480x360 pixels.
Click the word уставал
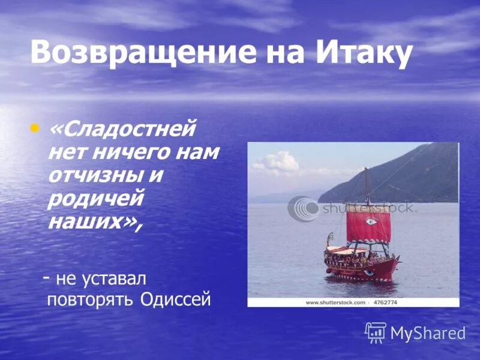click(x=118, y=278)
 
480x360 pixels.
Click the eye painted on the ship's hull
click(x=369, y=272)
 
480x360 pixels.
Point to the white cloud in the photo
click(x=277, y=162)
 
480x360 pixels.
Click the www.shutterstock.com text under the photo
click(x=335, y=302)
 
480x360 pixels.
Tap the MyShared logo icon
click(x=376, y=332)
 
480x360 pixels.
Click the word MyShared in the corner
click(x=428, y=333)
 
